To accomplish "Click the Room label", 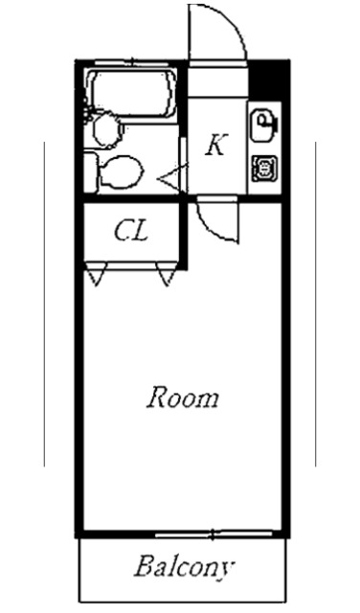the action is point(182,397).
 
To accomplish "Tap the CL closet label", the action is point(130,231).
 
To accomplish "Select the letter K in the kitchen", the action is point(216,146).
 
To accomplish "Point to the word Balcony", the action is point(182,567).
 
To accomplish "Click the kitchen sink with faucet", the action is point(263,123).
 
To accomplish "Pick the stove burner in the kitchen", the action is point(263,169).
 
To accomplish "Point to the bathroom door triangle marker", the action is point(170,176).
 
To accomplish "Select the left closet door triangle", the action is point(94,277).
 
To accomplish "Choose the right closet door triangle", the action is point(169,277).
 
